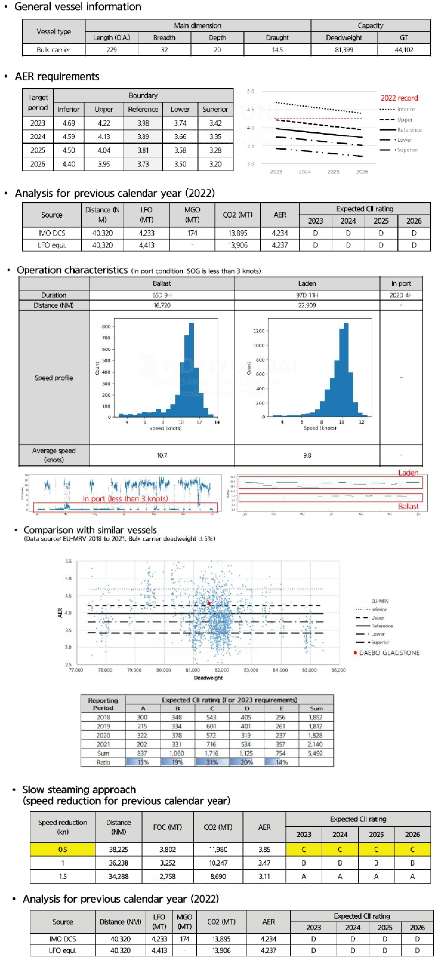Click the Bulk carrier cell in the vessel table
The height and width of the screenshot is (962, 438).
pyautogui.click(x=53, y=50)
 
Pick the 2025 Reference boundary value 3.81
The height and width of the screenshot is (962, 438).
pyautogui.click(x=143, y=150)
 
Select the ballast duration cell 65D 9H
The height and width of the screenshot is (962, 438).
pyautogui.click(x=162, y=295)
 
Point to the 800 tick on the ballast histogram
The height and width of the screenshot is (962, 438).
pyautogui.click(x=106, y=326)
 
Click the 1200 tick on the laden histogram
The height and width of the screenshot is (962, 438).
pyautogui.click(x=259, y=331)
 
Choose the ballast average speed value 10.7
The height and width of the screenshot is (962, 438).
pyautogui.click(x=162, y=455)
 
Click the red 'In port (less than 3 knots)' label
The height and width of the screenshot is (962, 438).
pyautogui.click(x=125, y=498)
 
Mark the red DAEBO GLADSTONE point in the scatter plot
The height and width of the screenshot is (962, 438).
pyautogui.click(x=209, y=603)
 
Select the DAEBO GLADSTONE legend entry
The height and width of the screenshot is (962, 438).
pyautogui.click(x=388, y=653)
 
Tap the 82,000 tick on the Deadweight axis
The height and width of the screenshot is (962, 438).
pyautogui.click(x=222, y=670)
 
